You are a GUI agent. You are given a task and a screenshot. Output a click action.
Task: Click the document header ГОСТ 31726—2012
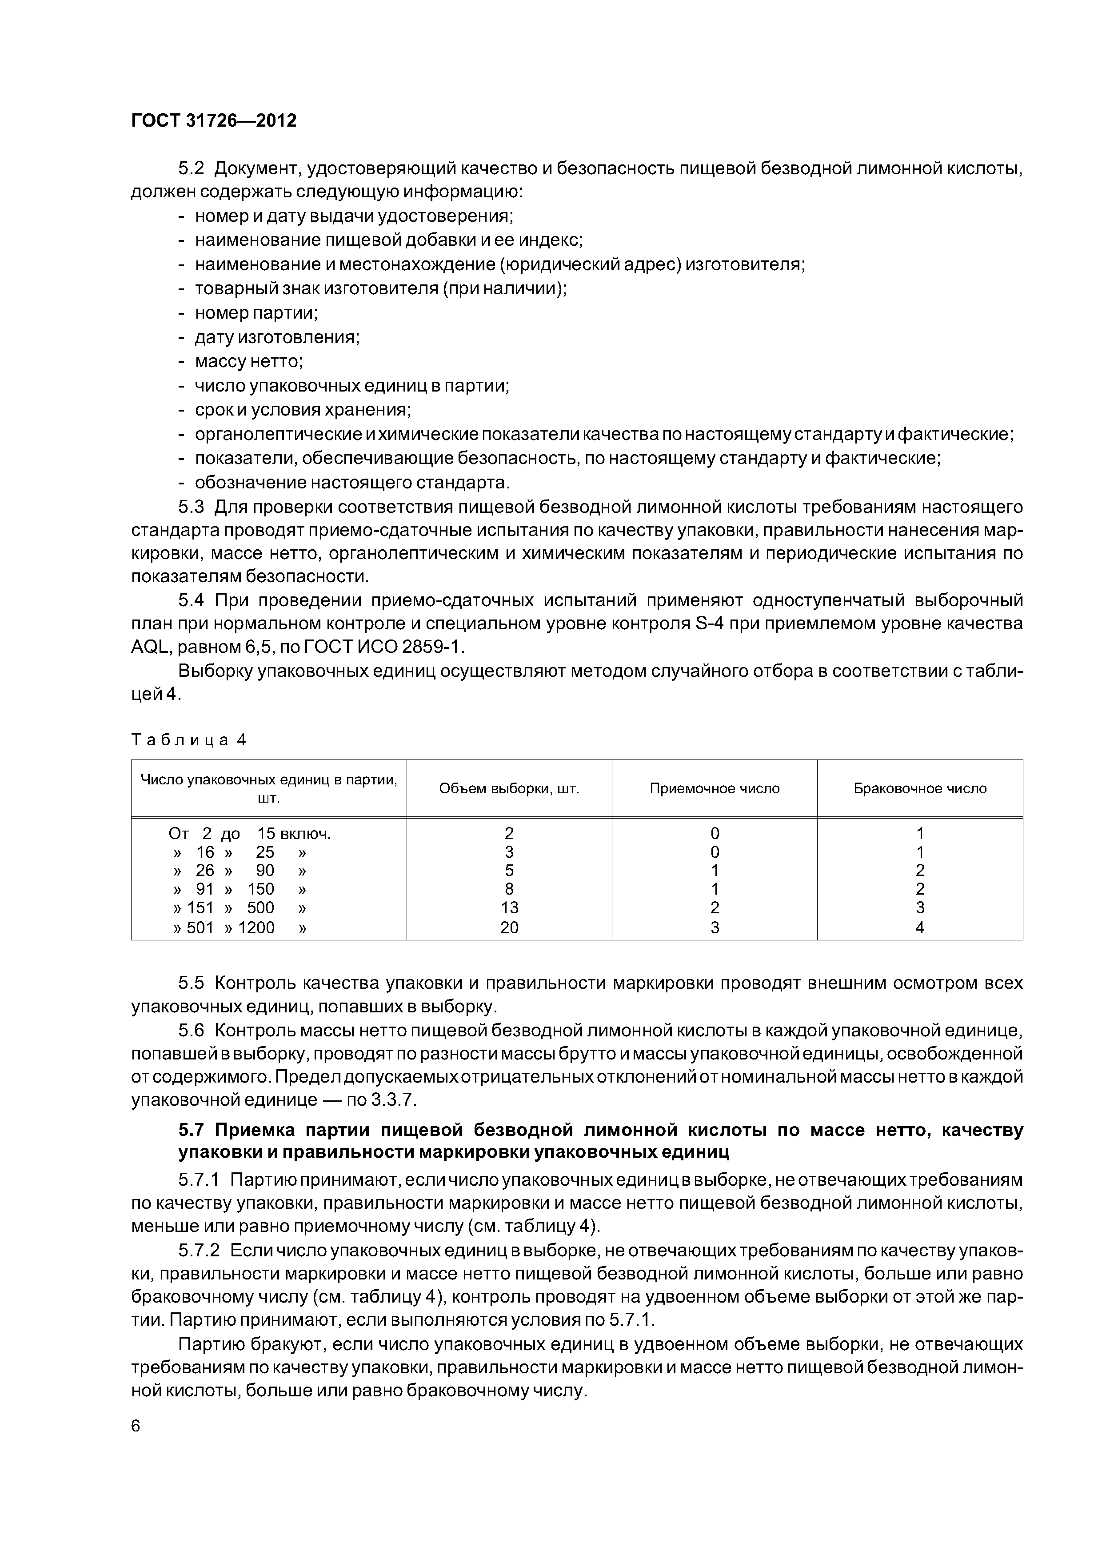(213, 121)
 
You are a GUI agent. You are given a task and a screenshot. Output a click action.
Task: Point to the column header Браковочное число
(919, 788)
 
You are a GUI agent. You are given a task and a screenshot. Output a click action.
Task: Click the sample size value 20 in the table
(509, 927)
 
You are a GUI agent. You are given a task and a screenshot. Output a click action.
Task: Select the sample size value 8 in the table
(509, 889)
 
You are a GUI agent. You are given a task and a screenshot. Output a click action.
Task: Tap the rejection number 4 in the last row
(920, 927)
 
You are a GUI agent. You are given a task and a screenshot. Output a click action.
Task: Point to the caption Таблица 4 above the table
(188, 740)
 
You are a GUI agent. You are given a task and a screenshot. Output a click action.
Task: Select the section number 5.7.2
(199, 1251)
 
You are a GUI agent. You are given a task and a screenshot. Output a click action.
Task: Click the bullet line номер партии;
(256, 313)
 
